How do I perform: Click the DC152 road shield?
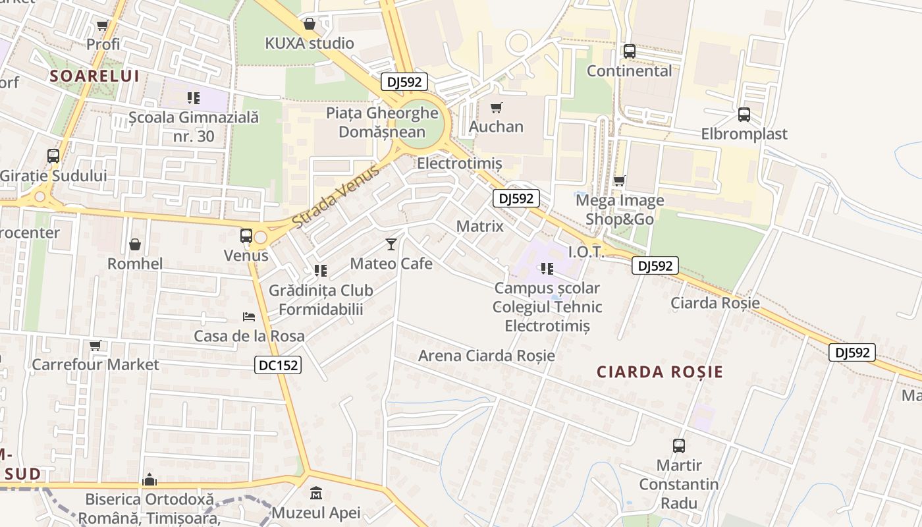[x=278, y=365]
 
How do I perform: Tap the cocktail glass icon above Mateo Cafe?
[x=391, y=244]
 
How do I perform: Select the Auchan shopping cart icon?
[x=497, y=107]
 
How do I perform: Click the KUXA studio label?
[x=309, y=43]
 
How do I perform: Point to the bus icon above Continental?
[x=630, y=51]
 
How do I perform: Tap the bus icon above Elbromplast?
[x=744, y=115]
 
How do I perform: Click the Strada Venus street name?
[x=336, y=196]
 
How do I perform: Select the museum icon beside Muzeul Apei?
[x=316, y=493]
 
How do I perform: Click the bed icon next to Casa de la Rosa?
[x=248, y=317]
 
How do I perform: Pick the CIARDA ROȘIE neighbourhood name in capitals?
[x=660, y=372]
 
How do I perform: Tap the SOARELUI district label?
[x=95, y=76]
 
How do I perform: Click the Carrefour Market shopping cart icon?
[x=95, y=345]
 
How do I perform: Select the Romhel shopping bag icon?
[x=135, y=244]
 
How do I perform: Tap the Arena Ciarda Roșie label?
[x=486, y=356]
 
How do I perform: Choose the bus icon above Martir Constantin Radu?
[x=679, y=446]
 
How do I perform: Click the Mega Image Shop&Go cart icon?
[x=619, y=180]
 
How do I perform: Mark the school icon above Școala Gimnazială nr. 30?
[x=193, y=98]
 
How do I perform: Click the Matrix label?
[x=479, y=226]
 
